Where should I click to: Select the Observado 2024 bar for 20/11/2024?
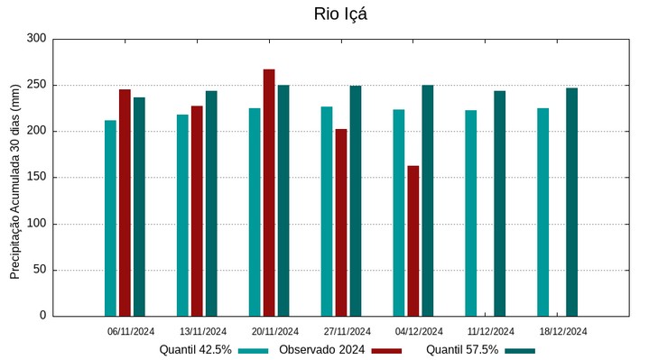[x=269, y=192]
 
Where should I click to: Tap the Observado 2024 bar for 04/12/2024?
[x=413, y=241]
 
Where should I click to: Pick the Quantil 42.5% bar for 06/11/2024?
[x=110, y=217]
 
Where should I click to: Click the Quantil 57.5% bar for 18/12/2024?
[x=571, y=201]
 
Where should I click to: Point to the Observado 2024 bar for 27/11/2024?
[x=341, y=222]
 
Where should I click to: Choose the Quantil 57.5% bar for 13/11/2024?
[x=211, y=203]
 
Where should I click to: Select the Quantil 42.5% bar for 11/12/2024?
[x=470, y=213]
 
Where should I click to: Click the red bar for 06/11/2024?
[x=125, y=202]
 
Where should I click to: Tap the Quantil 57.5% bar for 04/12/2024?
[x=427, y=200]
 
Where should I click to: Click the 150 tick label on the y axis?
[x=36, y=178]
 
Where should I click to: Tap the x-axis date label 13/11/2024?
[x=203, y=331]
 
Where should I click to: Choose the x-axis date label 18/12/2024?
[x=563, y=331]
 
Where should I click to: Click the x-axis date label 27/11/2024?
[x=347, y=331]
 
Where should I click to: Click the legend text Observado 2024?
[x=321, y=350]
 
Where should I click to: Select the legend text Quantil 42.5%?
[x=196, y=350]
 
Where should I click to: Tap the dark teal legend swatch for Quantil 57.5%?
[x=519, y=350]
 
